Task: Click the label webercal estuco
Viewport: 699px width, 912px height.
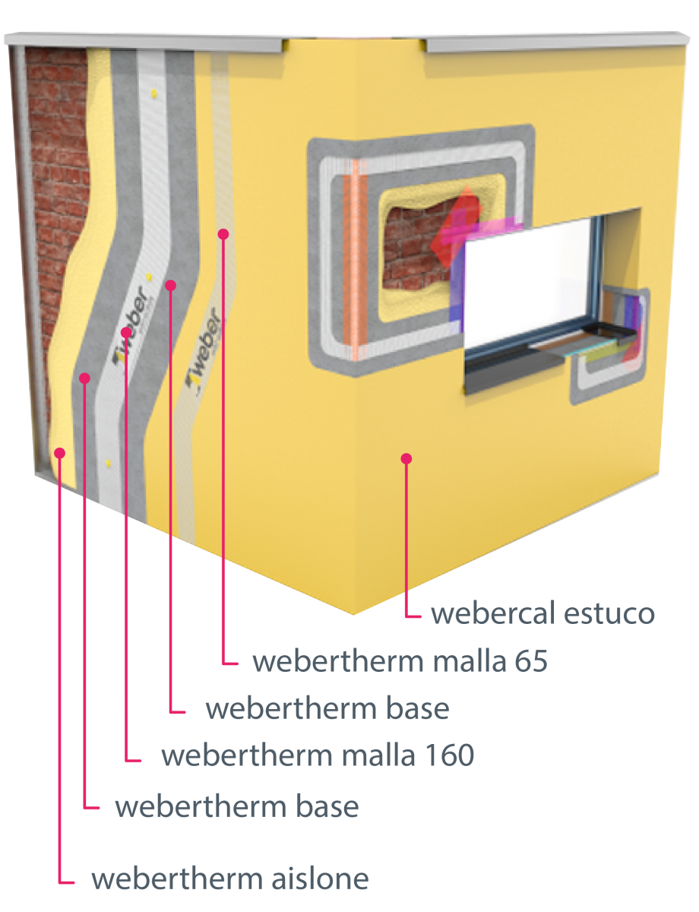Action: (543, 613)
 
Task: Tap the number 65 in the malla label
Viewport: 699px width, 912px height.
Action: (532, 661)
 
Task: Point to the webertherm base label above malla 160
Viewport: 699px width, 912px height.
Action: (327, 708)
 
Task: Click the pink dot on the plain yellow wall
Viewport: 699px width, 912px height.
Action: (406, 459)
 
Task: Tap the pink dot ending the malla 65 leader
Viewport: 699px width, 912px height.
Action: (223, 234)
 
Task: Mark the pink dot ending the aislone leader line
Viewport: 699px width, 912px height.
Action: (60, 453)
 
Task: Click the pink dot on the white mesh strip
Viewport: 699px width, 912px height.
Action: (126, 332)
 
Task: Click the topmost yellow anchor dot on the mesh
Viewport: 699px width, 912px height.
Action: (154, 92)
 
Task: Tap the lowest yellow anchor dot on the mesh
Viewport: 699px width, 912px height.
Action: (108, 464)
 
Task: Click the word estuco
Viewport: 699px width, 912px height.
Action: (609, 613)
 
